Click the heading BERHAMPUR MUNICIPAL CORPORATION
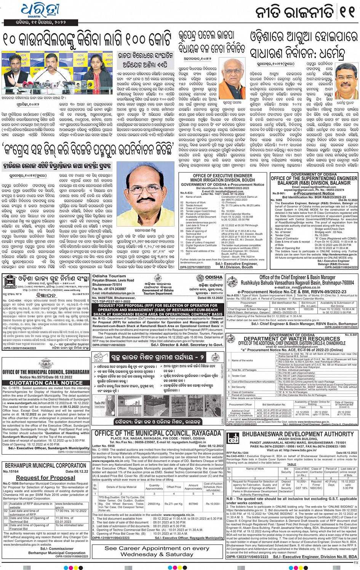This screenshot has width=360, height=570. coord(45,465)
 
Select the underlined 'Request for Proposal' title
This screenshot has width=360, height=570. coord(45,477)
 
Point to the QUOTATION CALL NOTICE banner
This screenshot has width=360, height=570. coord(46,383)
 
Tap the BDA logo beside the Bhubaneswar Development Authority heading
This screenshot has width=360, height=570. coord(233,438)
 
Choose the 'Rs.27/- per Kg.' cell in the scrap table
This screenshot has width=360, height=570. coord(173,503)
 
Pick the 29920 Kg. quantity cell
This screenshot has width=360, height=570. coord(154,503)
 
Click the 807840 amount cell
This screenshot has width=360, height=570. coord(193,503)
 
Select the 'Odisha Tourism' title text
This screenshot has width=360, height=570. coord(104,276)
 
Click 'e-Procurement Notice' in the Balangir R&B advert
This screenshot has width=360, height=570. coord(313,193)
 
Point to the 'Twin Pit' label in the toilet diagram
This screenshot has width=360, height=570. coord(99,403)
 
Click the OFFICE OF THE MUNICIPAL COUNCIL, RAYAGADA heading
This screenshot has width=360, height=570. coord(158,433)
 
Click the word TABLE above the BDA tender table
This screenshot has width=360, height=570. coord(291,464)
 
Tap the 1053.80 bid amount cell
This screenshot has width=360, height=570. coord(309,309)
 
